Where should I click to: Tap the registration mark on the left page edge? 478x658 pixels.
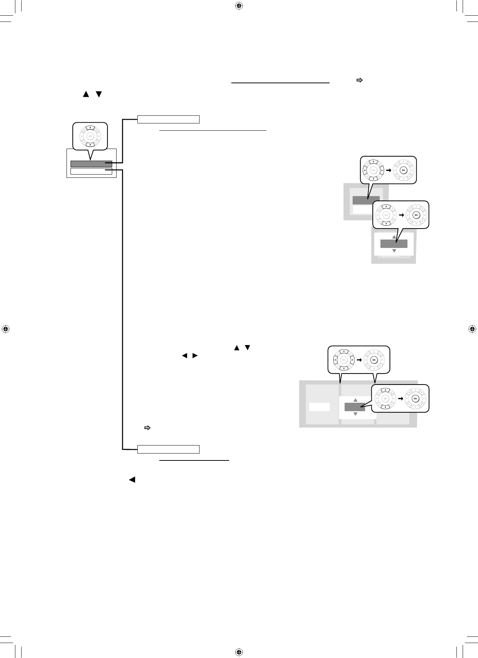pyautogui.click(x=5, y=329)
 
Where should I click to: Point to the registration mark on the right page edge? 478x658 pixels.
pyautogui.click(x=472, y=329)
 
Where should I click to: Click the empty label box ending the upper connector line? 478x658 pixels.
pyautogui.click(x=168, y=119)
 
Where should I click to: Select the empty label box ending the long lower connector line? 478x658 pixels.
pyautogui.click(x=168, y=449)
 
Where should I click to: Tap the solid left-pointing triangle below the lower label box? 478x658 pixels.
pyautogui.click(x=132, y=480)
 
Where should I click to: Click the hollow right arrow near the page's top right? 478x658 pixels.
pyautogui.click(x=360, y=80)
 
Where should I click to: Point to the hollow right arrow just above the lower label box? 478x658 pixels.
pyautogui.click(x=148, y=428)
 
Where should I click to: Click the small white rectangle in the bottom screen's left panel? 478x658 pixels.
pyautogui.click(x=319, y=407)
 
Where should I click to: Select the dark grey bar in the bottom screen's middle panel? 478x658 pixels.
pyautogui.click(x=354, y=407)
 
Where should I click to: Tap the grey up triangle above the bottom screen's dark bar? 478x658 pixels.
pyautogui.click(x=355, y=400)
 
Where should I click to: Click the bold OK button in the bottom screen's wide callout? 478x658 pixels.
pyautogui.click(x=373, y=360)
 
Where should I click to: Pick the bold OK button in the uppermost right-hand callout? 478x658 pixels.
pyautogui.click(x=403, y=170)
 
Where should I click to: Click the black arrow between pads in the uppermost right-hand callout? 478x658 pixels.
pyautogui.click(x=388, y=170)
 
